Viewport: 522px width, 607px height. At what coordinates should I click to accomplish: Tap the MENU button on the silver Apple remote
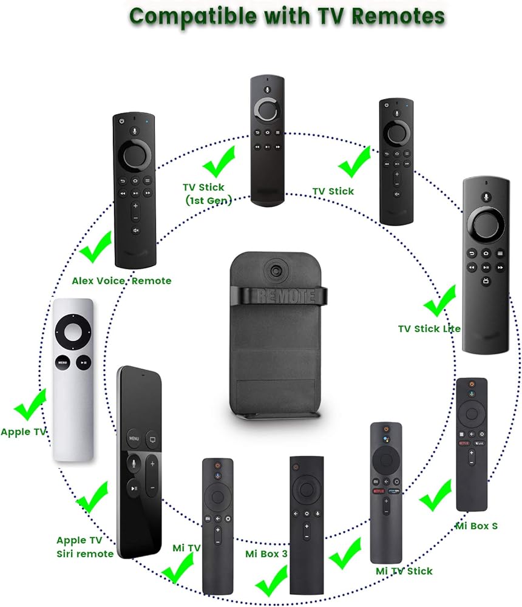63,362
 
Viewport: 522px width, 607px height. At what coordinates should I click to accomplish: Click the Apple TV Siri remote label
85,547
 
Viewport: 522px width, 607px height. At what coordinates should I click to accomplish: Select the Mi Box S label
476,526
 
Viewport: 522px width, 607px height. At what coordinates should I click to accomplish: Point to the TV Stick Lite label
429,328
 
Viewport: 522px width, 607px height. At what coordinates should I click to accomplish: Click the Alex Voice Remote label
121,280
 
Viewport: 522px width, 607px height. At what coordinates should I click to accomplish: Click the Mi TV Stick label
404,571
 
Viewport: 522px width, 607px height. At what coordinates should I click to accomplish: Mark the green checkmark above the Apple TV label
30,405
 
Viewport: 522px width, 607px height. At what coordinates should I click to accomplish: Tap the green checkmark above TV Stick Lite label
440,300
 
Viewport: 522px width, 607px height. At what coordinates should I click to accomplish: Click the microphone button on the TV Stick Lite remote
486,197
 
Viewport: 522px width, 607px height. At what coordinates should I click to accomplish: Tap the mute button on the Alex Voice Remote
135,230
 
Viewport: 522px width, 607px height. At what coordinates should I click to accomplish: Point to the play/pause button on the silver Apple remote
84,362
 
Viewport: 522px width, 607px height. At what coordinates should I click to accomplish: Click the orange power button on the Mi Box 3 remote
296,466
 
